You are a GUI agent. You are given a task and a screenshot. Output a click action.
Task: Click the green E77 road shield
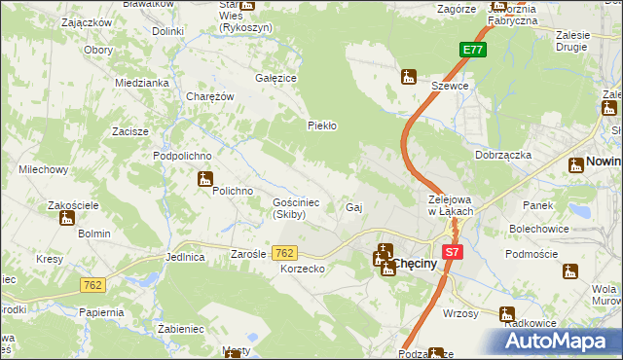click(x=472, y=51)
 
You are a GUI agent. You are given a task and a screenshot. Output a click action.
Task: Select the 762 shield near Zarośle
click(x=284, y=253)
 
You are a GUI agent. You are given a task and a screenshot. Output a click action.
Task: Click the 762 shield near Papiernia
click(x=92, y=285)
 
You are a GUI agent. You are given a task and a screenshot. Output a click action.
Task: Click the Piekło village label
click(x=322, y=126)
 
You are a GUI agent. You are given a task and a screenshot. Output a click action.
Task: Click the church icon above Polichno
click(x=204, y=178)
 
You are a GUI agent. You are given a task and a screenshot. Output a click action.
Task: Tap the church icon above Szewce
click(x=409, y=76)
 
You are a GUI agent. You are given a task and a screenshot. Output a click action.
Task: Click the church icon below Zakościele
click(x=66, y=218)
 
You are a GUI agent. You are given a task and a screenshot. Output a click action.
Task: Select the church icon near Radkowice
click(x=506, y=314)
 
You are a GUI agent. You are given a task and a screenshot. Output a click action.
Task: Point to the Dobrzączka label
click(x=502, y=155)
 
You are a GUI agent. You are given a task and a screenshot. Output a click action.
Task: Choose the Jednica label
click(x=185, y=258)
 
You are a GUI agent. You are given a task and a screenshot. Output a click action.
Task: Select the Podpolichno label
click(x=182, y=156)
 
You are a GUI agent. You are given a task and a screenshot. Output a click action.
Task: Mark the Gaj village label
click(x=354, y=208)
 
